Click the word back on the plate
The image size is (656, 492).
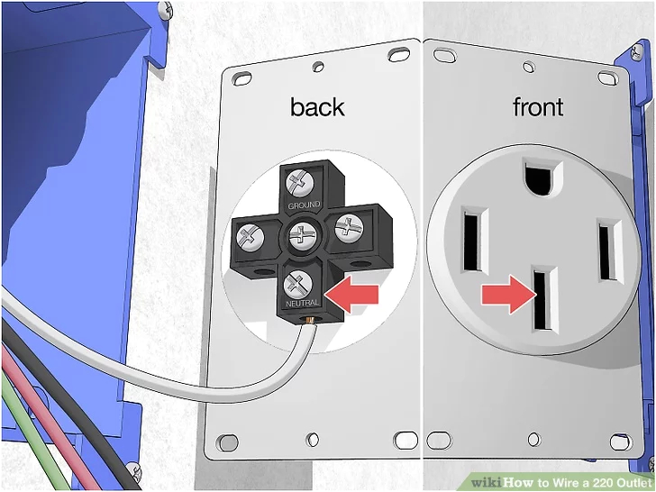316,107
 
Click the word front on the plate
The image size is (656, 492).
537,107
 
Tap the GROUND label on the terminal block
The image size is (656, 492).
304,206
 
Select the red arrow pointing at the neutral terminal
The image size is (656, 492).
351,292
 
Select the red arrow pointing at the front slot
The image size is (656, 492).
505,294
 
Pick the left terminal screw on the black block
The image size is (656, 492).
250,237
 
